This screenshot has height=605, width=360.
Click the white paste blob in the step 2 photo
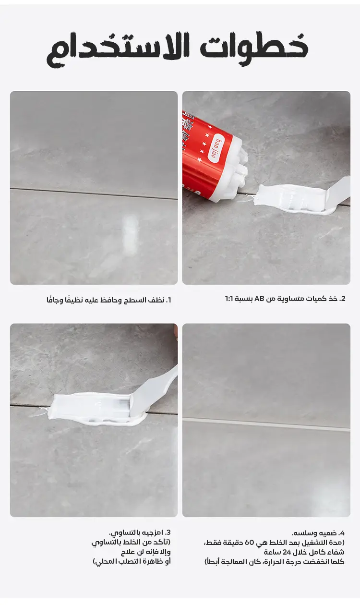(x=292, y=199)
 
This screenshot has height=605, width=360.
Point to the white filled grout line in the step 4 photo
(x=266, y=423)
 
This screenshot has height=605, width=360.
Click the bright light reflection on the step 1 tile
(x=129, y=235)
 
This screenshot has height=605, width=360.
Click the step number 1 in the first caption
(x=168, y=300)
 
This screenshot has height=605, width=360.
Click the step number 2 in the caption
(x=343, y=299)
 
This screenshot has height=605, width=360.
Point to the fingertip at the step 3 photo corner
(x=176, y=330)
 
